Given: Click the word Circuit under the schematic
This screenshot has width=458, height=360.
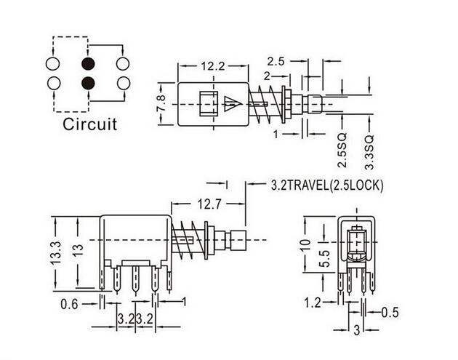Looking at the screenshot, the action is (x=89, y=124).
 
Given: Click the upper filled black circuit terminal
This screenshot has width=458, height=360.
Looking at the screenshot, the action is (x=88, y=64).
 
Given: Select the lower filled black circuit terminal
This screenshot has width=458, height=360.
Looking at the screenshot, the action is (x=88, y=84).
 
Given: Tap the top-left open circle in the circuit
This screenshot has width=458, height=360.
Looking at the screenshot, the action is (x=53, y=64).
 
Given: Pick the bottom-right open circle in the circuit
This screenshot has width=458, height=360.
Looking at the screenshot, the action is (x=124, y=84).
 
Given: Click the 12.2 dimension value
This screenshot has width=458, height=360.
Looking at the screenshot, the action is (x=213, y=67).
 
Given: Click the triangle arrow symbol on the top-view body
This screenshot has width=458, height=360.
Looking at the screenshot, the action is (x=233, y=103).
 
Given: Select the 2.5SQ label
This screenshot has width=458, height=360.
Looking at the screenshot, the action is (x=342, y=151).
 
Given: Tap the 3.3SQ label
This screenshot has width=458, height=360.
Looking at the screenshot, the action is (x=369, y=152).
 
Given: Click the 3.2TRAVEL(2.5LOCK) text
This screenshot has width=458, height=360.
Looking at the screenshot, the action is (x=327, y=185).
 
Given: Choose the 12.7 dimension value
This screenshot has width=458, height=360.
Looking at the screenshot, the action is (x=209, y=204).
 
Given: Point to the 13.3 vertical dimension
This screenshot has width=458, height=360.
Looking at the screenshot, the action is (x=56, y=253).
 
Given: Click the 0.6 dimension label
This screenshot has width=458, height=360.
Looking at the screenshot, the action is (x=70, y=305).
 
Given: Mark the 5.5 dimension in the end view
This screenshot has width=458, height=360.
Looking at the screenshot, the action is (x=324, y=258).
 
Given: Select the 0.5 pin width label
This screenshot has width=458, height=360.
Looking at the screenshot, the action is (x=390, y=313).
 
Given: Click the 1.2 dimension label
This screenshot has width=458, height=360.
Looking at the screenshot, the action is (x=313, y=303).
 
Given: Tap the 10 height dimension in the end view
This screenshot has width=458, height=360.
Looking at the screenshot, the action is (x=306, y=244).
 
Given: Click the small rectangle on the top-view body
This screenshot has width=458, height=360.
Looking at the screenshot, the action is (x=209, y=104).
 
